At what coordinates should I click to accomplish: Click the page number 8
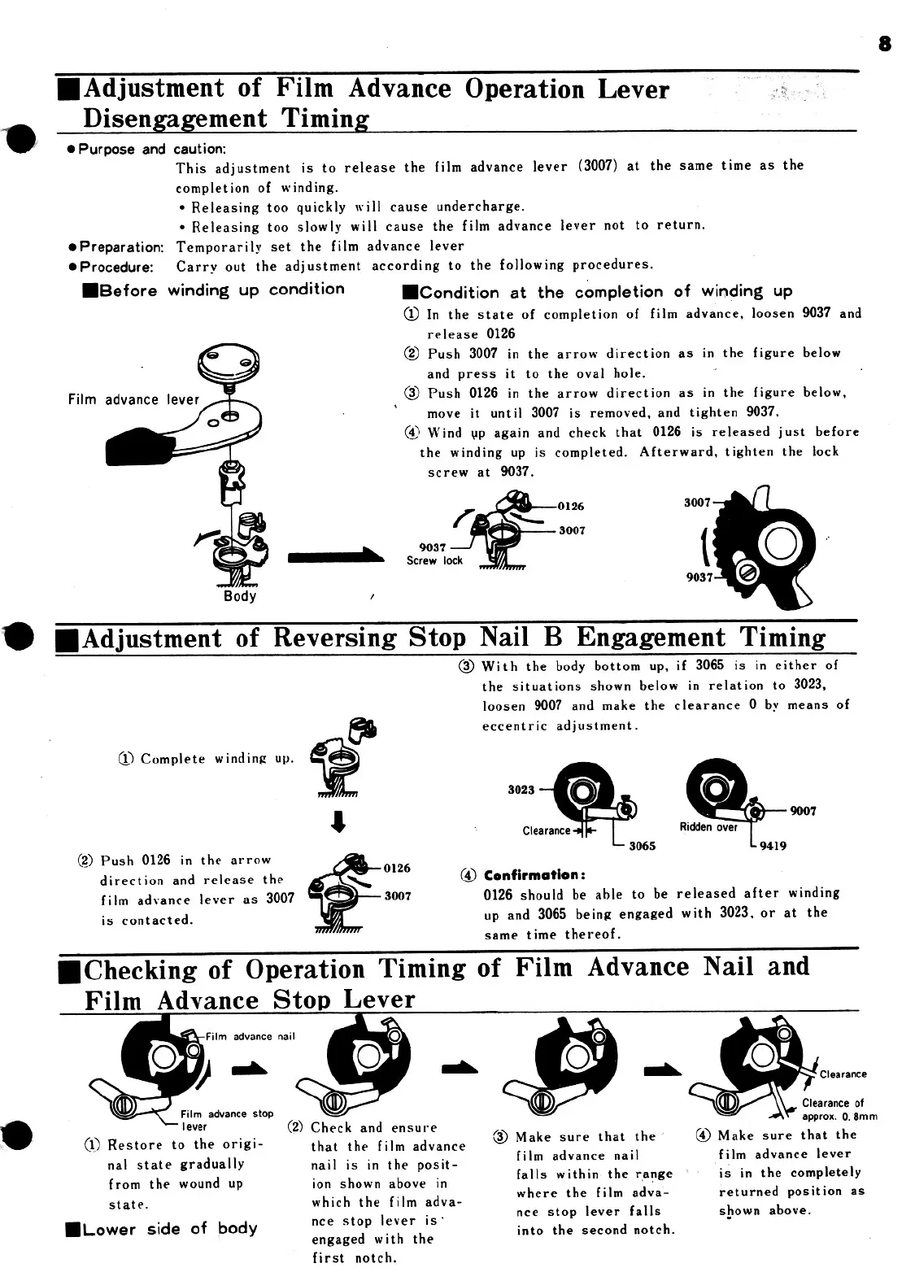(885, 44)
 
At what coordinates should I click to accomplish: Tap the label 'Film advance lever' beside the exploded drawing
(133, 399)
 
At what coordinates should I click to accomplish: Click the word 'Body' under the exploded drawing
(240, 596)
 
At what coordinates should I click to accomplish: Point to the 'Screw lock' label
(435, 560)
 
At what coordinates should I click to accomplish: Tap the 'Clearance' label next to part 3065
(547, 830)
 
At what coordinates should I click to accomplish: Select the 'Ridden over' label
(708, 827)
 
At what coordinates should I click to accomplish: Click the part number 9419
(773, 845)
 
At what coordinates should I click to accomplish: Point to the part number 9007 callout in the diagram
(803, 811)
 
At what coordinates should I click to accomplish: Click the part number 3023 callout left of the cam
(521, 790)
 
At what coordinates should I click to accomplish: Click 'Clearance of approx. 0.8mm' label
(838, 1109)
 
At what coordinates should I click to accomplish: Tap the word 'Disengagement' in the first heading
(176, 118)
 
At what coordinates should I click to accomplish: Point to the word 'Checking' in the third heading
(139, 969)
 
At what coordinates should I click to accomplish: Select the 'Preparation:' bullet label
(121, 246)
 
